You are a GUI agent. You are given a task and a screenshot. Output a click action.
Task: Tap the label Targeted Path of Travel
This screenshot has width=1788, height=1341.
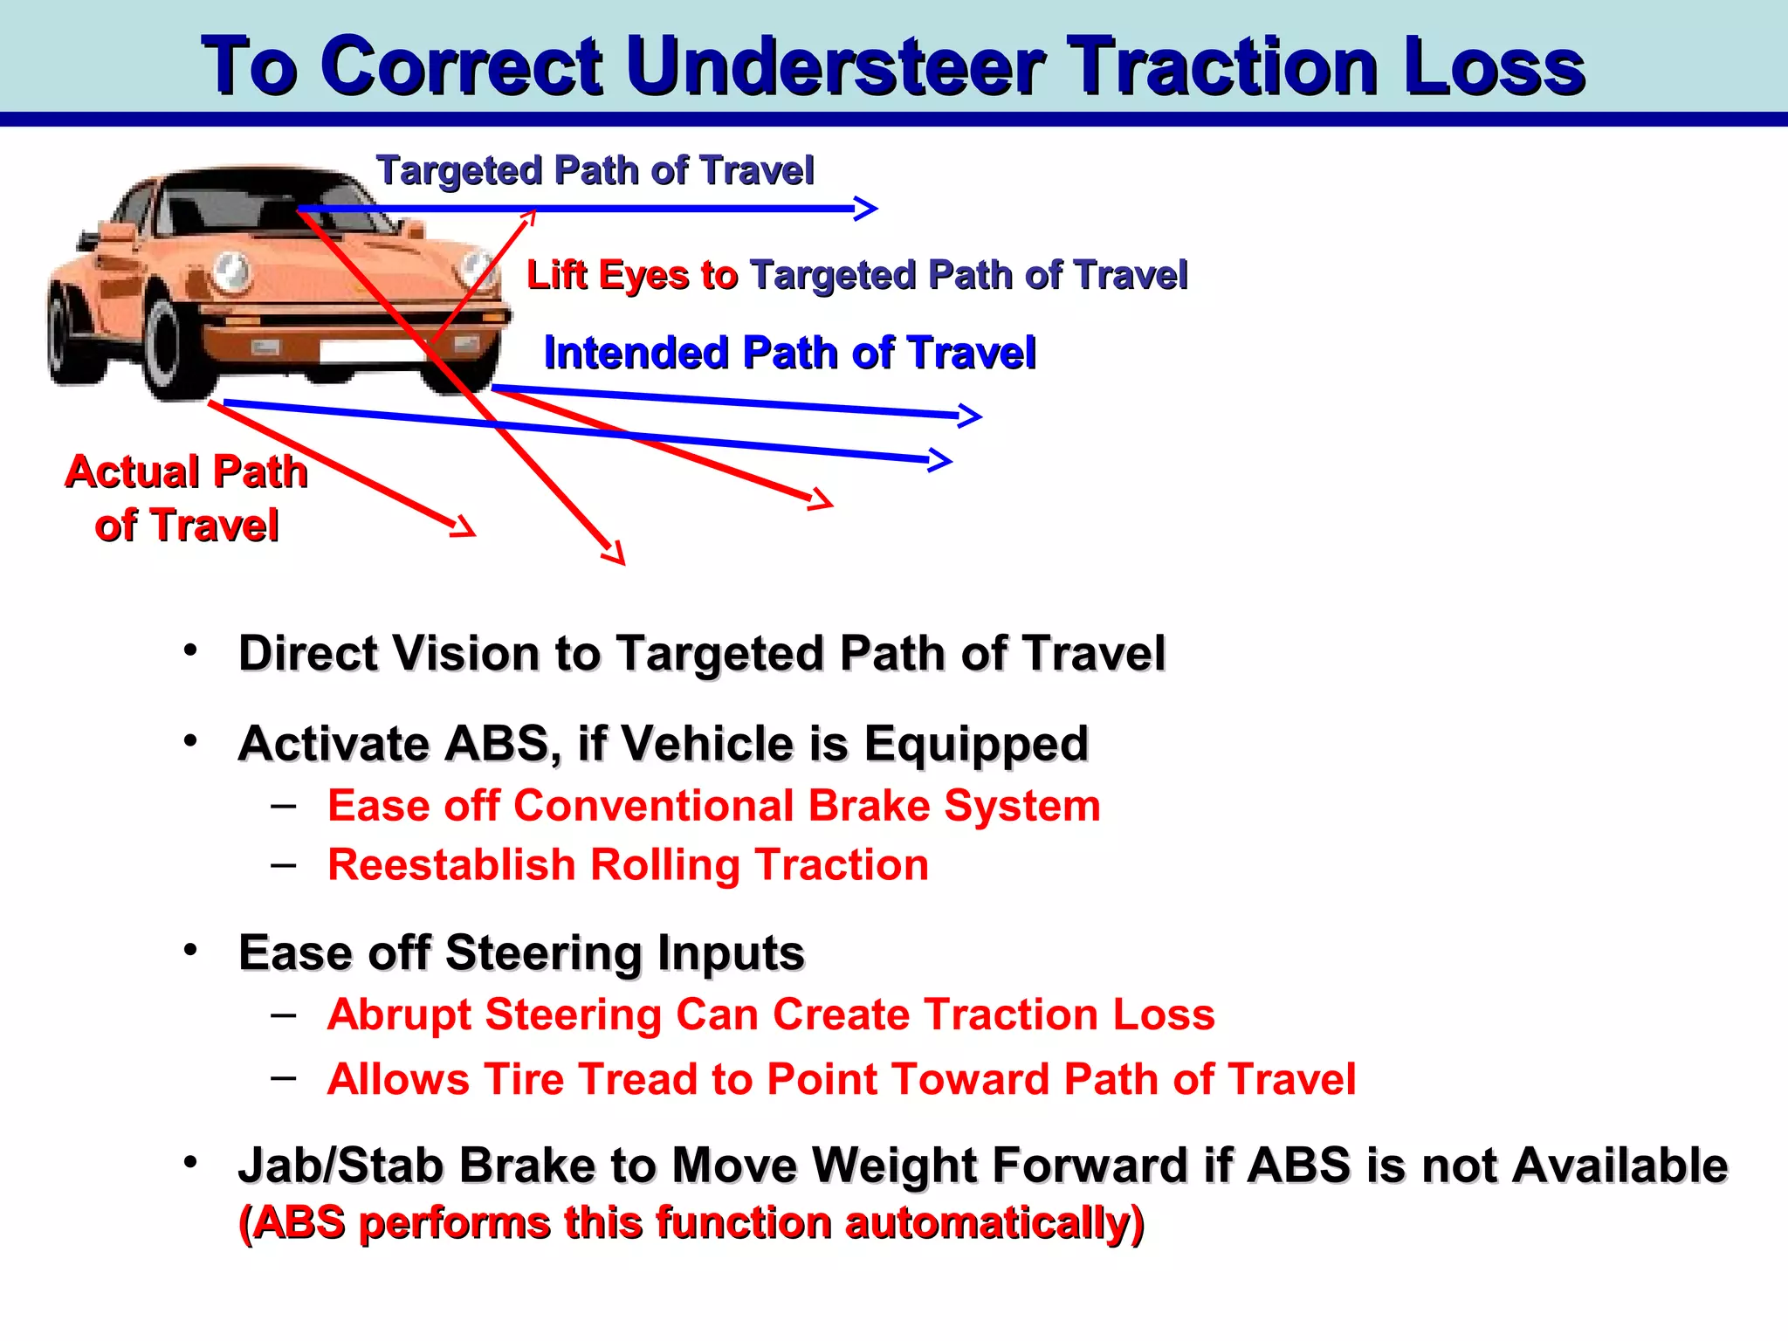[x=595, y=170]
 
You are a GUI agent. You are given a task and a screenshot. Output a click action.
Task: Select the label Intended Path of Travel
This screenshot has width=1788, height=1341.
[x=789, y=353]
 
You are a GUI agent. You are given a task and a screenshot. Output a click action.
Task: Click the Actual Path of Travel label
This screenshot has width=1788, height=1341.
[x=186, y=499]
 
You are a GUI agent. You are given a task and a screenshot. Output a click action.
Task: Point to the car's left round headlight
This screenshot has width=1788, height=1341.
[x=230, y=272]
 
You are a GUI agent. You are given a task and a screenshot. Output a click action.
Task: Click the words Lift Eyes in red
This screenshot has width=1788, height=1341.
[x=608, y=275]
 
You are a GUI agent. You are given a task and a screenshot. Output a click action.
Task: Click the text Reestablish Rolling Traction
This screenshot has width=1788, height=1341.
[x=628, y=865]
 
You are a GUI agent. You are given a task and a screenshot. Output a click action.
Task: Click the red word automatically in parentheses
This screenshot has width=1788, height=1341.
[x=987, y=1222]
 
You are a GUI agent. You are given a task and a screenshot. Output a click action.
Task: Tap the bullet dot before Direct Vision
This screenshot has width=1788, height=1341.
[x=190, y=650]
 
